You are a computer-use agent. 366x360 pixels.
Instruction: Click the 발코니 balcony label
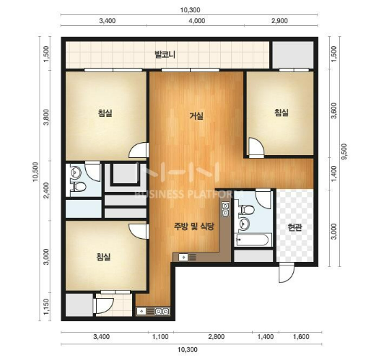click(x=165, y=55)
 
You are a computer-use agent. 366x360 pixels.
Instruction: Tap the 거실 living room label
click(x=196, y=116)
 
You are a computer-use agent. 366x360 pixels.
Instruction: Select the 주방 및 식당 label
click(x=194, y=227)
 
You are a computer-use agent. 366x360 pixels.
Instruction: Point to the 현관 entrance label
click(x=295, y=227)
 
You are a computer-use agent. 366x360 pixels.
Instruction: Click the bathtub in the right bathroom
click(x=253, y=240)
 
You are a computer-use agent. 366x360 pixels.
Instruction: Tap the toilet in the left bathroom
click(x=78, y=187)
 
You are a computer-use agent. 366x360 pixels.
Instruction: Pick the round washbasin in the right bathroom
click(x=244, y=224)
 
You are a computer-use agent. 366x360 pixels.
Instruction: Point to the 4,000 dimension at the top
click(x=197, y=21)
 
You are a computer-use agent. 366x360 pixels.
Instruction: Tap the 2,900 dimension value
click(x=279, y=21)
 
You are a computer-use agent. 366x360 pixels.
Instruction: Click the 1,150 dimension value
click(x=46, y=307)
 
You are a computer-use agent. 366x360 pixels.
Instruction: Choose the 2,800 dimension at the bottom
click(x=217, y=336)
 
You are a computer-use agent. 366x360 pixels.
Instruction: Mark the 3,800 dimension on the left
click(x=46, y=117)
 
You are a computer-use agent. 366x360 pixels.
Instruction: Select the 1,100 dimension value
click(x=160, y=336)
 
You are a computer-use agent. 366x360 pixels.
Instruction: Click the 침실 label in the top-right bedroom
click(x=282, y=113)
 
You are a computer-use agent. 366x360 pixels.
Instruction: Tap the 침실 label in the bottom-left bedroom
click(x=103, y=257)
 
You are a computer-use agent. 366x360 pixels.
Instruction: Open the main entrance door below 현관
click(x=287, y=273)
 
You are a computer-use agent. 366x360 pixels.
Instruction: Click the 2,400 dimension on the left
click(x=46, y=190)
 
